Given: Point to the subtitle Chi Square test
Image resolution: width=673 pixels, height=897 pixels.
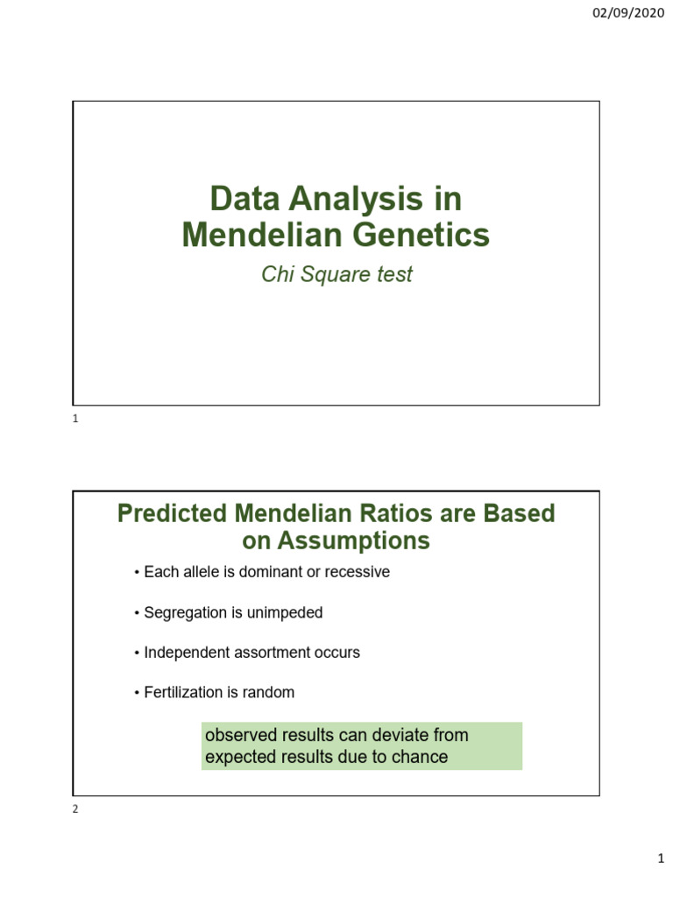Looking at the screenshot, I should click(336, 275).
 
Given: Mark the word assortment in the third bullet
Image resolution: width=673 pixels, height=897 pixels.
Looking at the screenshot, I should click(272, 653).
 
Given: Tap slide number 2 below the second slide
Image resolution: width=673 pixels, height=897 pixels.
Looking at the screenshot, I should click(75, 809).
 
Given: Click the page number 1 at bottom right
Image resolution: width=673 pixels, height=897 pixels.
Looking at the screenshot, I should click(662, 862).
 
